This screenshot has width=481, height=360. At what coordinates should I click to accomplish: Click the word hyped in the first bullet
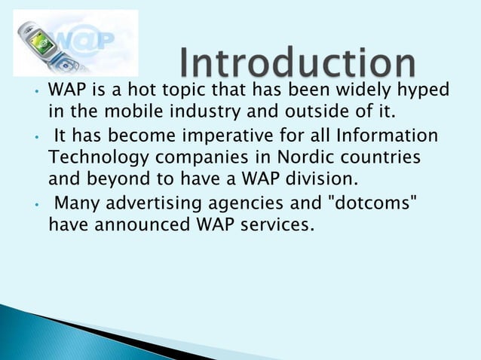tap(425, 91)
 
